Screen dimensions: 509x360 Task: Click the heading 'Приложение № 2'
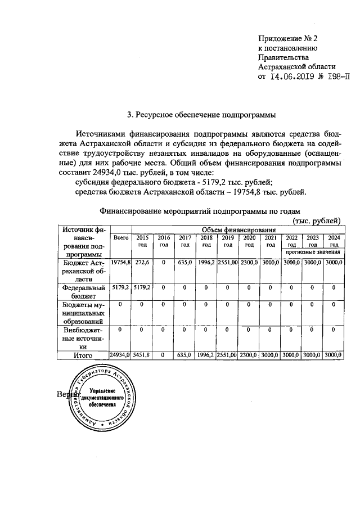coord(288,39)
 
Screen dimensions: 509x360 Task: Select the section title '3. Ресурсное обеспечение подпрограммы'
coord(201,116)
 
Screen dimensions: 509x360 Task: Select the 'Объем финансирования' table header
coord(240,229)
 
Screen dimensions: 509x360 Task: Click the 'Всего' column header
coord(121,238)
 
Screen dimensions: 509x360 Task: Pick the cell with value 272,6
coord(142,263)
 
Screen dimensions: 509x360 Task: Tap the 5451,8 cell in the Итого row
coord(142,355)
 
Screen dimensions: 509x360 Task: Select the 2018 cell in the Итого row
coord(206,355)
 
